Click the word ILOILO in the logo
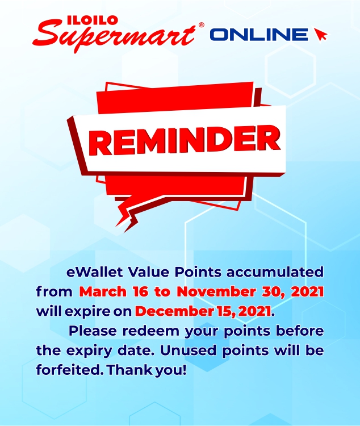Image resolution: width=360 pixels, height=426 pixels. (93, 20)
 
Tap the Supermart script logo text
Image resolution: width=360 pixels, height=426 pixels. (114, 36)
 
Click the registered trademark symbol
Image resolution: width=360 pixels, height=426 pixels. (202, 25)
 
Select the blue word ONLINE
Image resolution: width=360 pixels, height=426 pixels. (259, 35)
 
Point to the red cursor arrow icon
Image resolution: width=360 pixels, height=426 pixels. (320, 34)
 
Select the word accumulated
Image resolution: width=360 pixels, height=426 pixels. (275, 272)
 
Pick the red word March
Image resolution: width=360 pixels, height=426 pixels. (103, 291)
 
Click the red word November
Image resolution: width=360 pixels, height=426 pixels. (216, 291)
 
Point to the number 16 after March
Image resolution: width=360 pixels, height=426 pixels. (141, 291)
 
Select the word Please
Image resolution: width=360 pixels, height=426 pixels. (93, 331)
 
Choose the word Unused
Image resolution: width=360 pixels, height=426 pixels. (189, 350)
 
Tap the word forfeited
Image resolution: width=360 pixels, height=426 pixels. (70, 370)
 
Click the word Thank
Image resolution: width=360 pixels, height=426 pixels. (129, 370)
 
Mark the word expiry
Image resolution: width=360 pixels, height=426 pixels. (89, 351)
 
